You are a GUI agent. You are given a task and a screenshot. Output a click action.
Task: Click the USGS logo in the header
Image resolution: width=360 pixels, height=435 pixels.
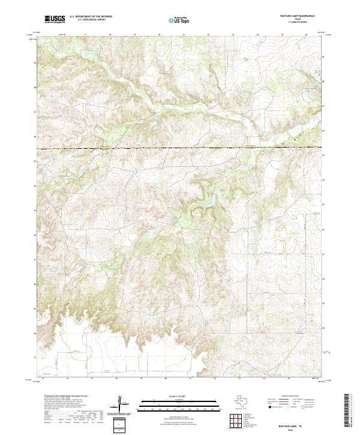tap(55, 19)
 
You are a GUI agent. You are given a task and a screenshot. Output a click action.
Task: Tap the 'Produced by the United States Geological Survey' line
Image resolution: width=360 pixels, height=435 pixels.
tap(65, 396)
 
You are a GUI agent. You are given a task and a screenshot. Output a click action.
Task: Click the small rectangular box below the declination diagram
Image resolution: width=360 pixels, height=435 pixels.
tap(119, 425)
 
